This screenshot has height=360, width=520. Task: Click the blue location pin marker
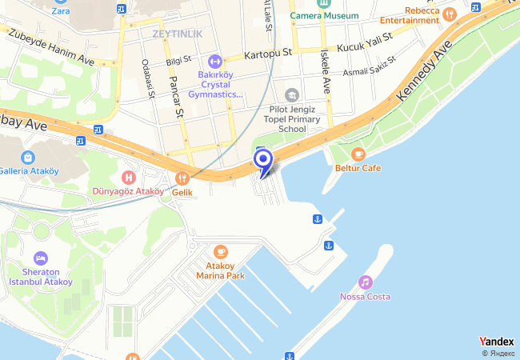click(x=263, y=161)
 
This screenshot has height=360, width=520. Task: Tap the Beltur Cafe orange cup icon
click(x=358, y=154)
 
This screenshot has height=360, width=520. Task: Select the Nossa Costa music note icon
click(x=365, y=282)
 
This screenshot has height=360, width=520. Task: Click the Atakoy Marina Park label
click(x=220, y=270)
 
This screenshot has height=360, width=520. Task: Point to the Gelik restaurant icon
click(x=182, y=178)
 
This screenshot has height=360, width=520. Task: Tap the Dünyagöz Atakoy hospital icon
click(x=127, y=177)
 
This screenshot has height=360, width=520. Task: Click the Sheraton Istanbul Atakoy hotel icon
click(x=40, y=258)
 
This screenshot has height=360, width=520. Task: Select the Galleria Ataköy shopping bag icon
click(x=28, y=156)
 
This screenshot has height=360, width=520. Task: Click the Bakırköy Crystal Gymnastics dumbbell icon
click(x=214, y=61)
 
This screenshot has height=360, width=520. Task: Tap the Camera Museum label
click(x=324, y=15)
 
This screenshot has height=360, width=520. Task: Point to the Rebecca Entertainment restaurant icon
click(x=449, y=14)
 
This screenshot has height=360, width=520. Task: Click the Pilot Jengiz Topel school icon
click(x=291, y=95)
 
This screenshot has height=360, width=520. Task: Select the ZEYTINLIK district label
click(x=177, y=33)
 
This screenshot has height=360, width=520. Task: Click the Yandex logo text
click(x=496, y=342)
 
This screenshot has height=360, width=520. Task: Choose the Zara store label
click(x=60, y=11)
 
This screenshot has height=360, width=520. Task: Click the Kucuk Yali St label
click(x=364, y=42)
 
